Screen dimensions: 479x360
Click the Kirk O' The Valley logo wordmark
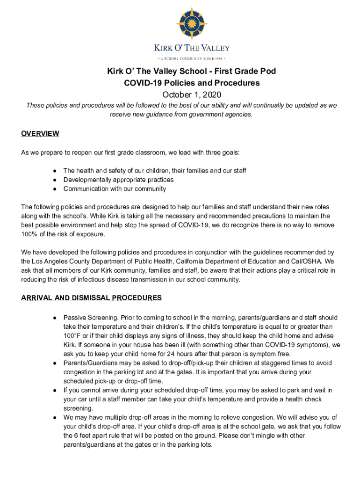pyautogui.click(x=192, y=48)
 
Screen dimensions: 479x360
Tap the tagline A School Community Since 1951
pyautogui.click(x=192, y=58)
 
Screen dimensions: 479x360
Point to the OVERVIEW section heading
pyautogui.click(x=40, y=134)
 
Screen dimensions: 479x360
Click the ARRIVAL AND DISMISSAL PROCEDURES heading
pyautogui.click(x=92, y=298)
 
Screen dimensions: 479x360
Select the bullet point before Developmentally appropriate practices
pyautogui.click(x=55, y=180)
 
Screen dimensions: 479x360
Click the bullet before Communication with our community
pyautogui.click(x=55, y=189)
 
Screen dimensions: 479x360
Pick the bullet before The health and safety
pyautogui.click(x=55, y=171)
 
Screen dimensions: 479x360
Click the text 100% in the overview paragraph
pyautogui.click(x=29, y=234)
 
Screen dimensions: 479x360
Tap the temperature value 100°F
pyautogui.click(x=73, y=336)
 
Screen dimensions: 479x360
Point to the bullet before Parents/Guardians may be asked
pyautogui.click(x=55, y=363)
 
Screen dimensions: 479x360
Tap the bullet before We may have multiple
pyautogui.click(x=55, y=417)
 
